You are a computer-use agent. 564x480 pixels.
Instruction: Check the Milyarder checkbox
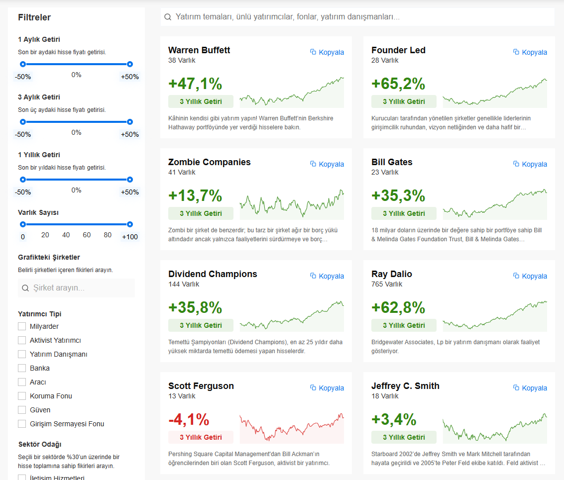click(22, 326)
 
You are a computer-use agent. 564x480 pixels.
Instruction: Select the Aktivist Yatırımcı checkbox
click(22, 340)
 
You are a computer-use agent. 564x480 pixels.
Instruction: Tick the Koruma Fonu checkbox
click(22, 396)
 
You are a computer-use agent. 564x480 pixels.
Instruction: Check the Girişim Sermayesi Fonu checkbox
click(22, 424)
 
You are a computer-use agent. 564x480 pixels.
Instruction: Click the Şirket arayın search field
click(76, 288)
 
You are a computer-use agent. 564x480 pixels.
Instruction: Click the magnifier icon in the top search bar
click(168, 17)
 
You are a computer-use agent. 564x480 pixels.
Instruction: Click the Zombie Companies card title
click(210, 162)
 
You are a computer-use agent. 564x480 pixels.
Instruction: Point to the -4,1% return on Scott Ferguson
click(189, 420)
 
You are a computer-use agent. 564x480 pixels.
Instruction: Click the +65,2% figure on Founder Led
click(398, 84)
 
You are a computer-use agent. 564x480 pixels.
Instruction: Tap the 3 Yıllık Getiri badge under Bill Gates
click(404, 213)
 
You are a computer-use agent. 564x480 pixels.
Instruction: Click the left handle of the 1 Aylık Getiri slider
click(23, 64)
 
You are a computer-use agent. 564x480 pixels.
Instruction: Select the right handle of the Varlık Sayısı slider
click(130, 224)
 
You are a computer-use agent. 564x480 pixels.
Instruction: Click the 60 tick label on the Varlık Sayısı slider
click(87, 235)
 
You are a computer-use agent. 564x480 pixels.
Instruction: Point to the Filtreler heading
click(34, 17)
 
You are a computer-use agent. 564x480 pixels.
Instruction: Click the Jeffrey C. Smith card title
click(405, 386)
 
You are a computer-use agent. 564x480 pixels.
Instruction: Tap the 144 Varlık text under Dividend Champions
click(184, 284)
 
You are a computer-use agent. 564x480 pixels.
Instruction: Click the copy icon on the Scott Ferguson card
click(313, 387)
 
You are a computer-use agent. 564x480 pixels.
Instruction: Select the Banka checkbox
click(22, 368)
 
